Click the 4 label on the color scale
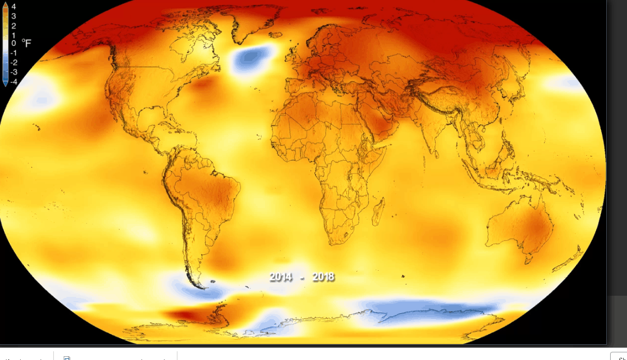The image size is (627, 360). [x=14, y=7]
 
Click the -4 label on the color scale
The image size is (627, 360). [x=14, y=82]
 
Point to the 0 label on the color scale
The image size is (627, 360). [x=14, y=44]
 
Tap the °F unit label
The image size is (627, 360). [x=27, y=43]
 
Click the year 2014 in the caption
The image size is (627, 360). [x=281, y=277]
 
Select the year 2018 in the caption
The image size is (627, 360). [x=323, y=277]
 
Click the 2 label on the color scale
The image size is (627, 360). [x=14, y=26]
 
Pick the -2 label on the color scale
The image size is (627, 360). [x=14, y=63]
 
